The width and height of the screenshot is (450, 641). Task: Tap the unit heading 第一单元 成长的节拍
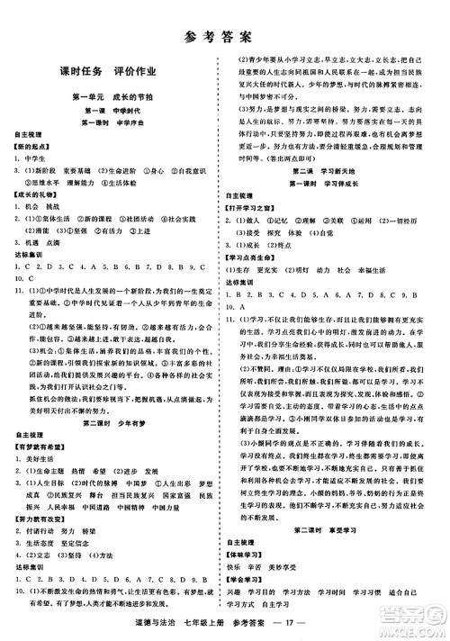click(x=112, y=95)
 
